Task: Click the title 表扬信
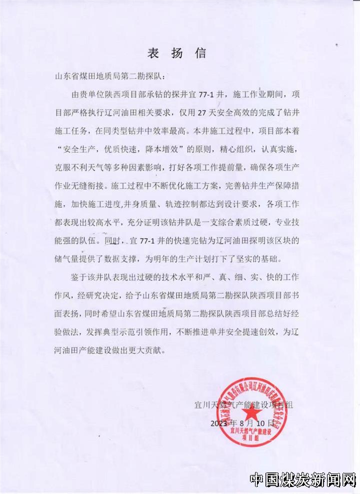(x=176, y=53)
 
